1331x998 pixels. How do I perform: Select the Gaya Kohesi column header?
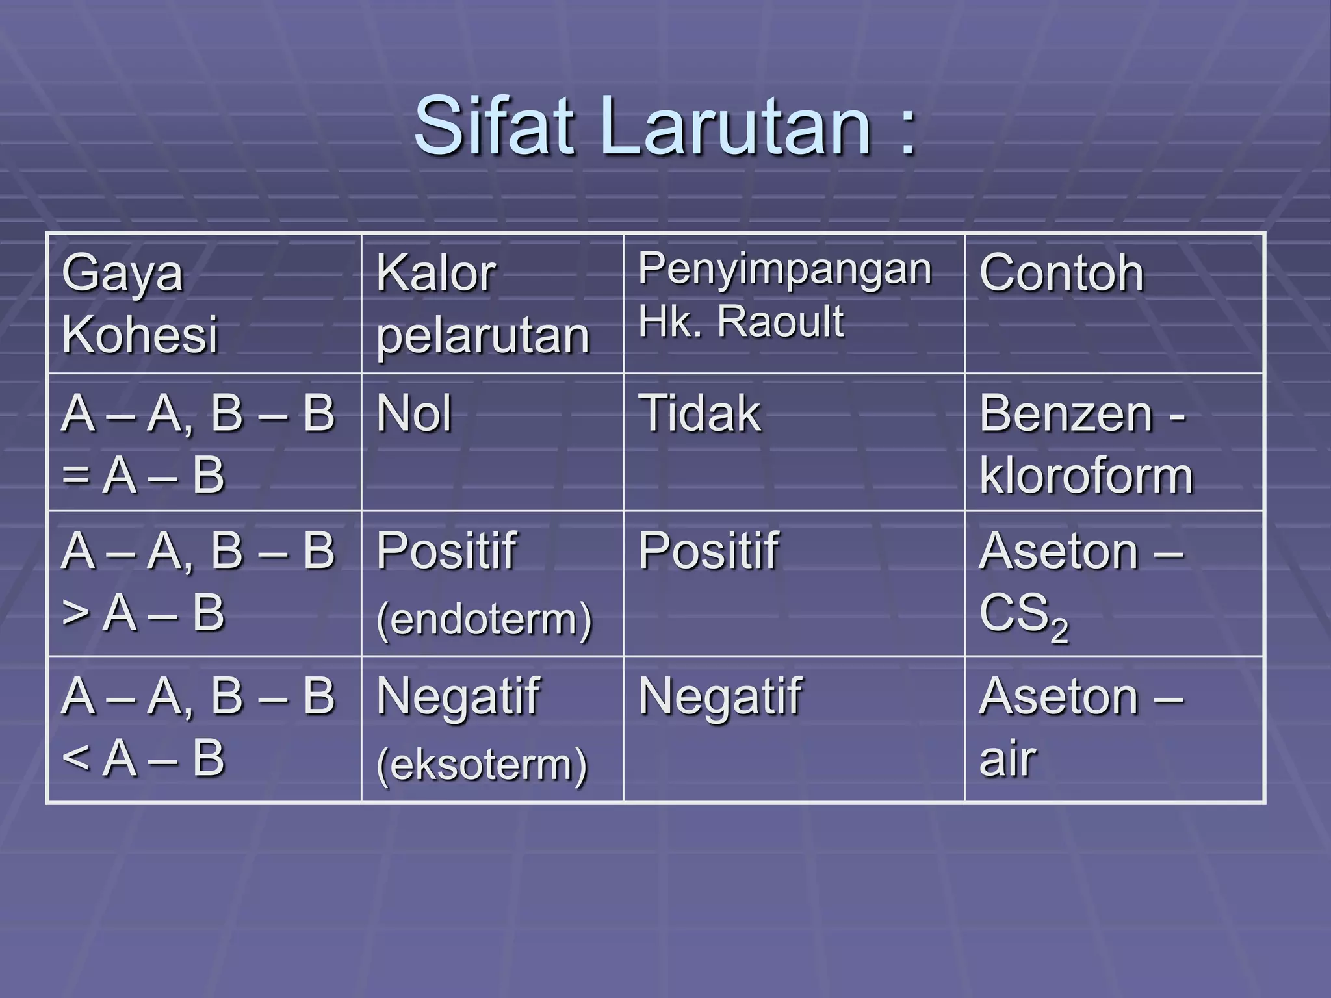tap(139, 303)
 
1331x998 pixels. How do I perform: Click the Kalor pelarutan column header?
tap(482, 303)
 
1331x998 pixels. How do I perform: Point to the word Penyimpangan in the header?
tap(784, 270)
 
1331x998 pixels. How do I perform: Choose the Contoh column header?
tap(1061, 273)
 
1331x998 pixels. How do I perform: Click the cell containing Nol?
tap(414, 414)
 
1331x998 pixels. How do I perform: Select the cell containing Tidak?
tap(699, 414)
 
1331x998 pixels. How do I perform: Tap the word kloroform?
tap(1085, 476)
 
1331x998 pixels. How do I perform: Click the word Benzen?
tap(1066, 414)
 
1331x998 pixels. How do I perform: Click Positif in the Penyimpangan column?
tap(708, 552)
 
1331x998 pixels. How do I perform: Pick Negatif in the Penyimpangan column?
tap(720, 697)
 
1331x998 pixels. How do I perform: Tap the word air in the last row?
tap(1007, 758)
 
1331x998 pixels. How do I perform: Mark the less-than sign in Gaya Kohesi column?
tap(75, 758)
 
